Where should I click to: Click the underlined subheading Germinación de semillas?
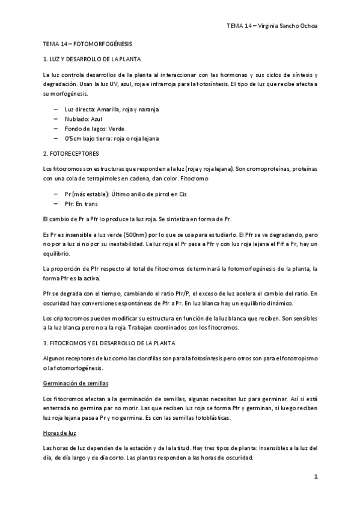click(75, 383)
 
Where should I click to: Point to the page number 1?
click(315, 477)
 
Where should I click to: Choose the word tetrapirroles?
click(100, 179)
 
